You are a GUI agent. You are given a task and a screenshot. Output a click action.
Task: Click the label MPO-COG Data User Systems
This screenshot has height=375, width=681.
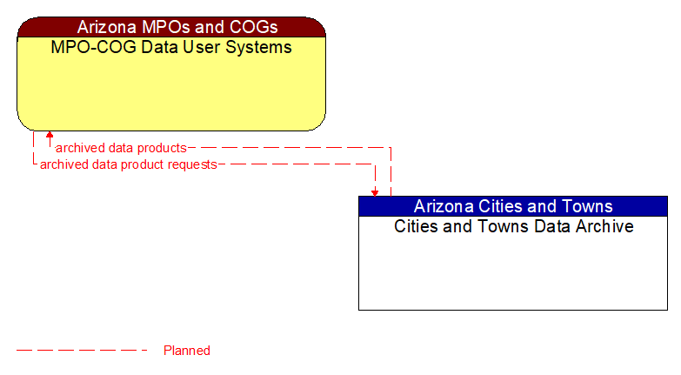(x=171, y=47)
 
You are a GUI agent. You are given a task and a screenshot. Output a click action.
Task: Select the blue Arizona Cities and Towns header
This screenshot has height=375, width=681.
(x=513, y=206)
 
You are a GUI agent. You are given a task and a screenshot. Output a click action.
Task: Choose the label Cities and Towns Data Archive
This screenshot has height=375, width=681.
(x=513, y=226)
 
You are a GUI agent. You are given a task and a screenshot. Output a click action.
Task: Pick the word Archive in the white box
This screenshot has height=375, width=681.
(x=604, y=226)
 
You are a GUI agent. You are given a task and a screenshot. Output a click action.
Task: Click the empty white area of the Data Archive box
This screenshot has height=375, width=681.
(x=513, y=274)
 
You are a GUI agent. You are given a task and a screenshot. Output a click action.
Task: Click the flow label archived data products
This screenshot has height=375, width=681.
(x=121, y=148)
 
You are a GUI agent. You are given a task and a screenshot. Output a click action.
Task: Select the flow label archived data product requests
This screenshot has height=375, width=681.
(x=128, y=164)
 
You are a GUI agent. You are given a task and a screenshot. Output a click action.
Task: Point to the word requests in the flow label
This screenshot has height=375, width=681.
(x=191, y=164)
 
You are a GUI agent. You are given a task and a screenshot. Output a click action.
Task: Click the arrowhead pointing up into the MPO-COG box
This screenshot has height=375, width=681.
(x=50, y=136)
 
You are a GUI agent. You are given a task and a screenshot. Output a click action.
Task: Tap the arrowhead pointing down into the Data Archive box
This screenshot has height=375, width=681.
(x=375, y=191)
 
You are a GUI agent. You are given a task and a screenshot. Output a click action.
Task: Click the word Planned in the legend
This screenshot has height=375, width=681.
(x=187, y=351)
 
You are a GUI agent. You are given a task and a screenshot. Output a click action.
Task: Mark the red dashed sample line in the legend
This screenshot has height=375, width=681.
(x=83, y=351)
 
